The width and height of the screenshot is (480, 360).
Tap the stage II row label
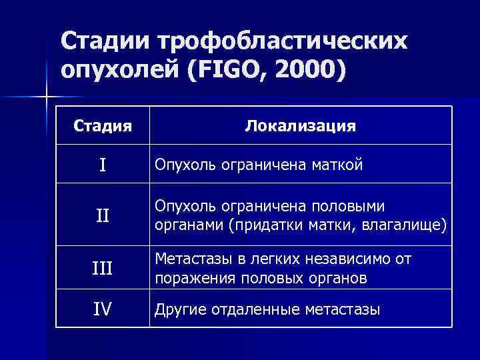coord(102,215)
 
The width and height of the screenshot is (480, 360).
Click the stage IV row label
coord(102,309)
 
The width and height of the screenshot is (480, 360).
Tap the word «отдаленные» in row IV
coord(257,309)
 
